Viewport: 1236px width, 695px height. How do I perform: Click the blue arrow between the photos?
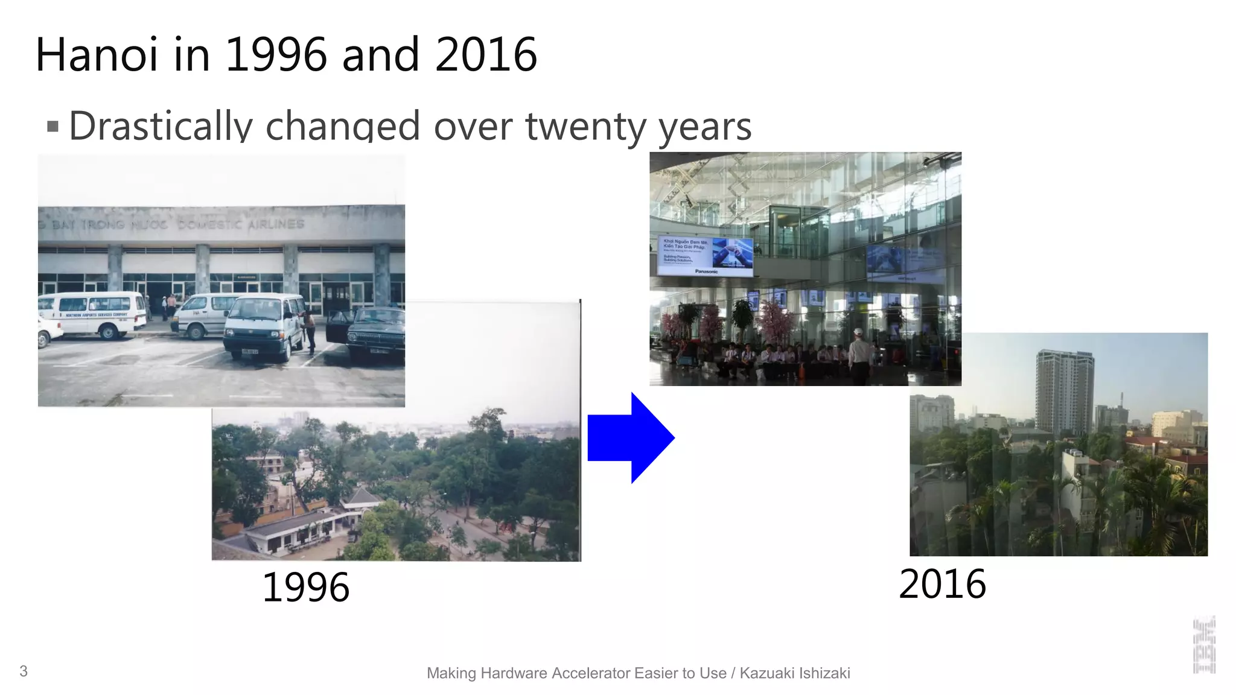click(x=630, y=438)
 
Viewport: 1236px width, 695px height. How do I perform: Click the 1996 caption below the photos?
click(x=305, y=587)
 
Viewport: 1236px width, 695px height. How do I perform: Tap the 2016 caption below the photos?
click(x=942, y=584)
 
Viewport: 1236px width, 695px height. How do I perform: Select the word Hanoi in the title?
click(x=97, y=55)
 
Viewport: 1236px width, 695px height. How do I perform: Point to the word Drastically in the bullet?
click(x=161, y=126)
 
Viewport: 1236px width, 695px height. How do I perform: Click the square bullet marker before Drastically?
click(x=53, y=127)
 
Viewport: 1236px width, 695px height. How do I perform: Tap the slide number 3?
click(x=24, y=671)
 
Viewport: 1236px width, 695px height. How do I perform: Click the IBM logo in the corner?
click(x=1204, y=645)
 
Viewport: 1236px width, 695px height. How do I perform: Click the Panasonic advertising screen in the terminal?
click(x=705, y=256)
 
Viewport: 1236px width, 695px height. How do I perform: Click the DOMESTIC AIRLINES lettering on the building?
click(x=241, y=224)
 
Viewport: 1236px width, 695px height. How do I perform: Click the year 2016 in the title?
click(x=486, y=55)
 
